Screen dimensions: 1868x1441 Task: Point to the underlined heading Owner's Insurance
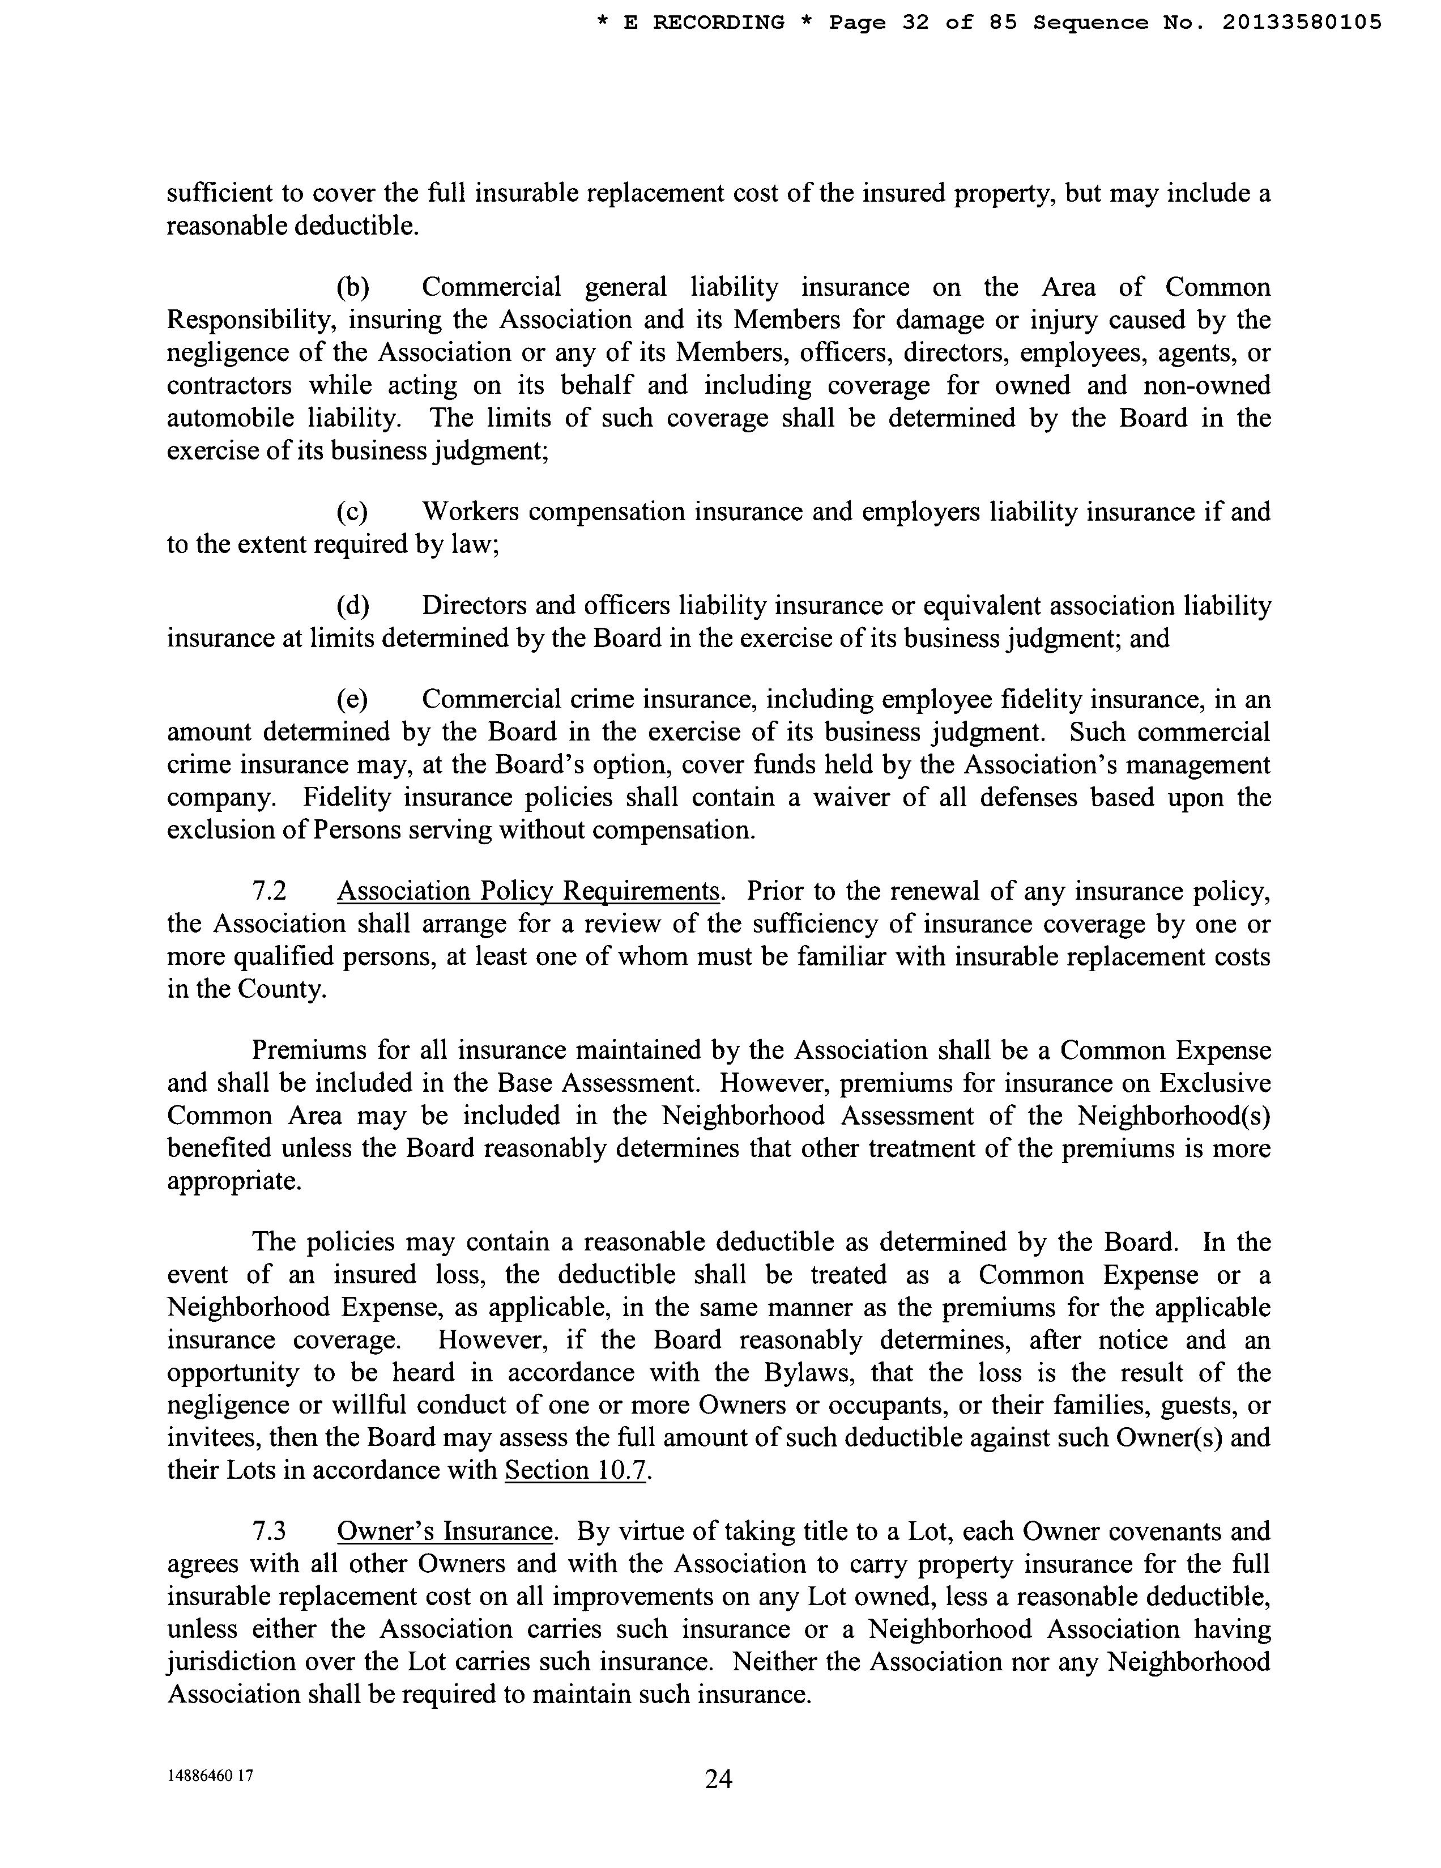pos(445,1531)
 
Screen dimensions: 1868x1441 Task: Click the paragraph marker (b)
pos(352,287)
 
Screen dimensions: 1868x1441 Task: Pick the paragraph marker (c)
pos(352,512)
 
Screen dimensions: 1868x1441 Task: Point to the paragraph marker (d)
pos(352,606)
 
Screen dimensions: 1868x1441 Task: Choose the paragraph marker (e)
pos(352,700)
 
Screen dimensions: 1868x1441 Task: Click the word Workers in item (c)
pos(470,512)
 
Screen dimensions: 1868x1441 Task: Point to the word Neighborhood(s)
pos(1173,1116)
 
